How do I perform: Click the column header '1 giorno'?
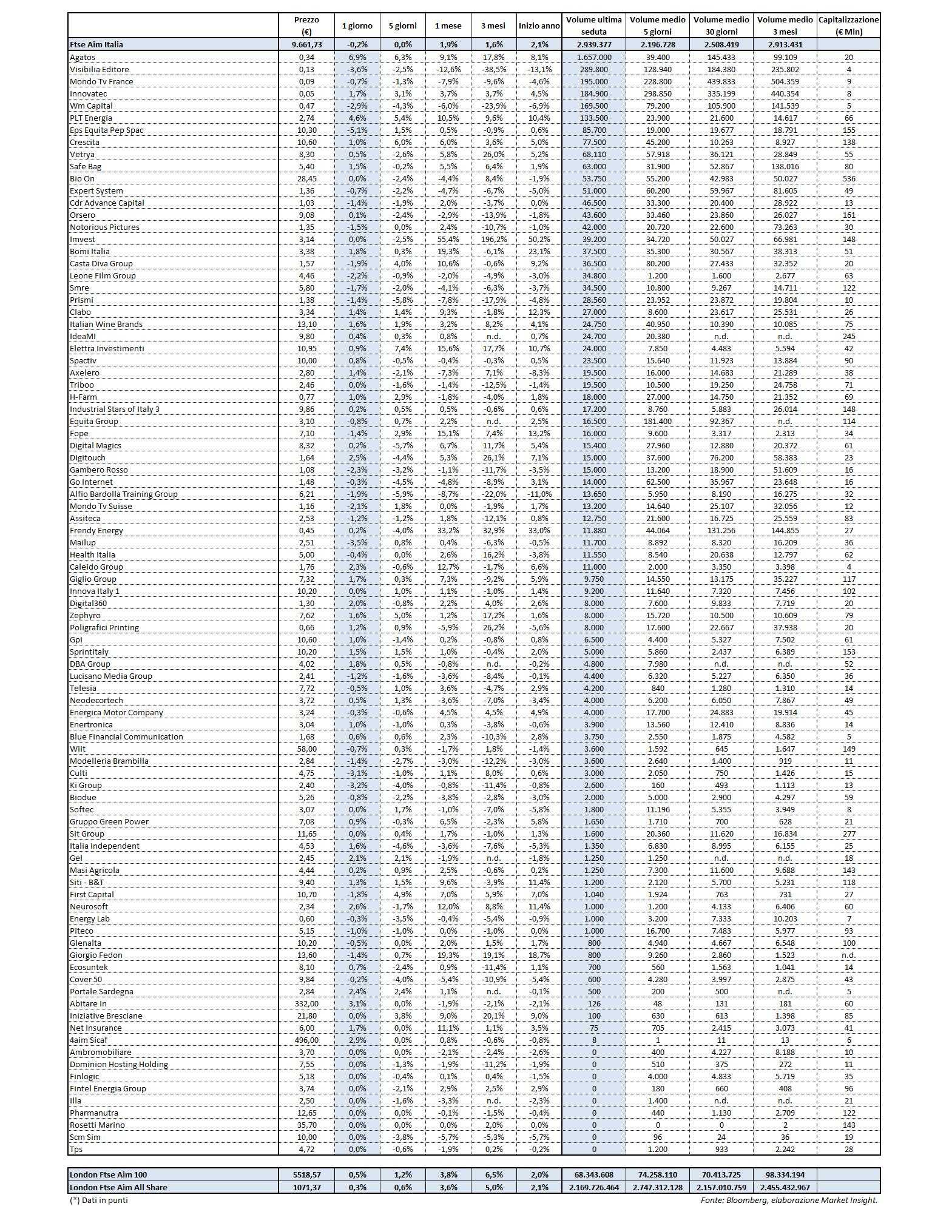click(x=357, y=26)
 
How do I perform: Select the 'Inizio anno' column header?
click(x=539, y=26)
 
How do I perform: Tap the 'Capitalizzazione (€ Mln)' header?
click(x=848, y=26)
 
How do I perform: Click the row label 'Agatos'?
click(x=83, y=57)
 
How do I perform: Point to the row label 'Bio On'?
click(x=82, y=178)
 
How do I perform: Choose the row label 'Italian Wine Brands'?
click(x=106, y=324)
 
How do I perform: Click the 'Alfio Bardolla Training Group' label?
click(x=124, y=494)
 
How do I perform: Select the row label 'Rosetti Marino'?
click(x=97, y=1125)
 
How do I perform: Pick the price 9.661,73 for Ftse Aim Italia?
click(x=306, y=44)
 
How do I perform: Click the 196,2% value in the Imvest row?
click(x=494, y=239)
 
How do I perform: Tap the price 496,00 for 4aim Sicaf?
click(x=306, y=1040)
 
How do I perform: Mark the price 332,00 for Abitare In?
click(x=306, y=1003)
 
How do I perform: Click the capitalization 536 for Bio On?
click(x=848, y=178)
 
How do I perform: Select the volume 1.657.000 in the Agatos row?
click(x=593, y=57)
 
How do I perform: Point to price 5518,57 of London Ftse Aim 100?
click(x=306, y=1175)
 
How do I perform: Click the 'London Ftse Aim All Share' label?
click(x=118, y=1187)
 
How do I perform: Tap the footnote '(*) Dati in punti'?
click(x=98, y=1199)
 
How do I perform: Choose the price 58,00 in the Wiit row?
click(x=306, y=749)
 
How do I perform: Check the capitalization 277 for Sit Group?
click(x=848, y=834)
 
